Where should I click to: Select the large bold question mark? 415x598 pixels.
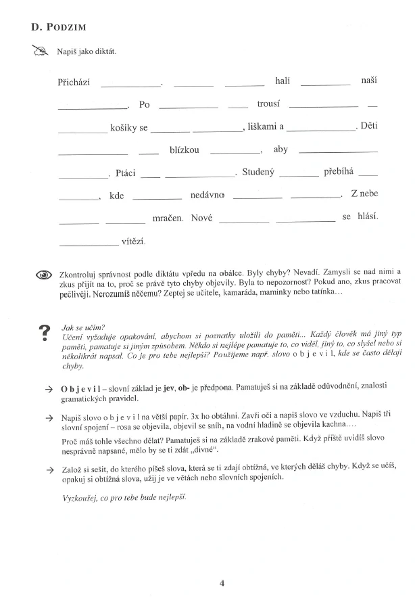(45, 332)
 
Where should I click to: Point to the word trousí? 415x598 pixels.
(268, 104)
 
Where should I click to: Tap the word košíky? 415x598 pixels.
(124, 127)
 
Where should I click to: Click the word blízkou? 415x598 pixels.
(185, 149)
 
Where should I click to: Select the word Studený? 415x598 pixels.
(258, 172)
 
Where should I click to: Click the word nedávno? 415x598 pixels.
(207, 195)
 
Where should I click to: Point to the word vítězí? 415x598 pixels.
(133, 241)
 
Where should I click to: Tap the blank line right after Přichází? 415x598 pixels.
(131, 85)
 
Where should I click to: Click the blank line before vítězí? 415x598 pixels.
(88, 244)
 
